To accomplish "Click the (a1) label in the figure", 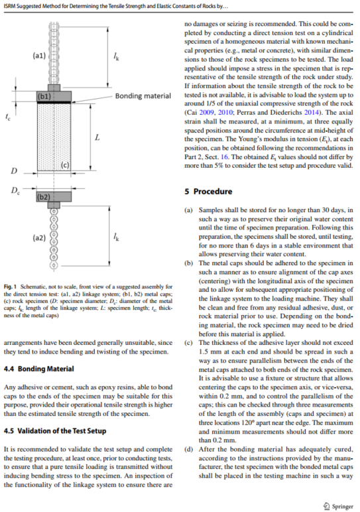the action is (x=39, y=56).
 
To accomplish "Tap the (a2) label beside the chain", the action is (x=39, y=237).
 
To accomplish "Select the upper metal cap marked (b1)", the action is (x=54, y=96).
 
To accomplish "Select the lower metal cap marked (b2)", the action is (x=54, y=196).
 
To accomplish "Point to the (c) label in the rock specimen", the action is (x=65, y=165).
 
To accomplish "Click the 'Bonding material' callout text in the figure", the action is (x=143, y=96).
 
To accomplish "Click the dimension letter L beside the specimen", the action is (x=97, y=138).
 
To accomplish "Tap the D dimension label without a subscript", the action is (x=14, y=170).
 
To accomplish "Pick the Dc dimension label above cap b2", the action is (x=15, y=190).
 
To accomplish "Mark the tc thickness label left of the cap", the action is (x=8, y=117).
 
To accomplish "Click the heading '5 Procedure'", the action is (x=208, y=192).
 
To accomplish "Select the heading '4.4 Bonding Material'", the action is (x=39, y=369).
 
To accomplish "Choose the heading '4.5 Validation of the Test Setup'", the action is (x=55, y=431).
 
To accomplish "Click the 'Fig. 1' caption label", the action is (x=10, y=287).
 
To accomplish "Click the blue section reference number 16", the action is (x=225, y=157).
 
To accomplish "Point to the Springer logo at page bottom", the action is (x=339, y=506).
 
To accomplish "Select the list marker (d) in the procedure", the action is (x=189, y=449).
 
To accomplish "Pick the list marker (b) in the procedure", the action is (x=189, y=263).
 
